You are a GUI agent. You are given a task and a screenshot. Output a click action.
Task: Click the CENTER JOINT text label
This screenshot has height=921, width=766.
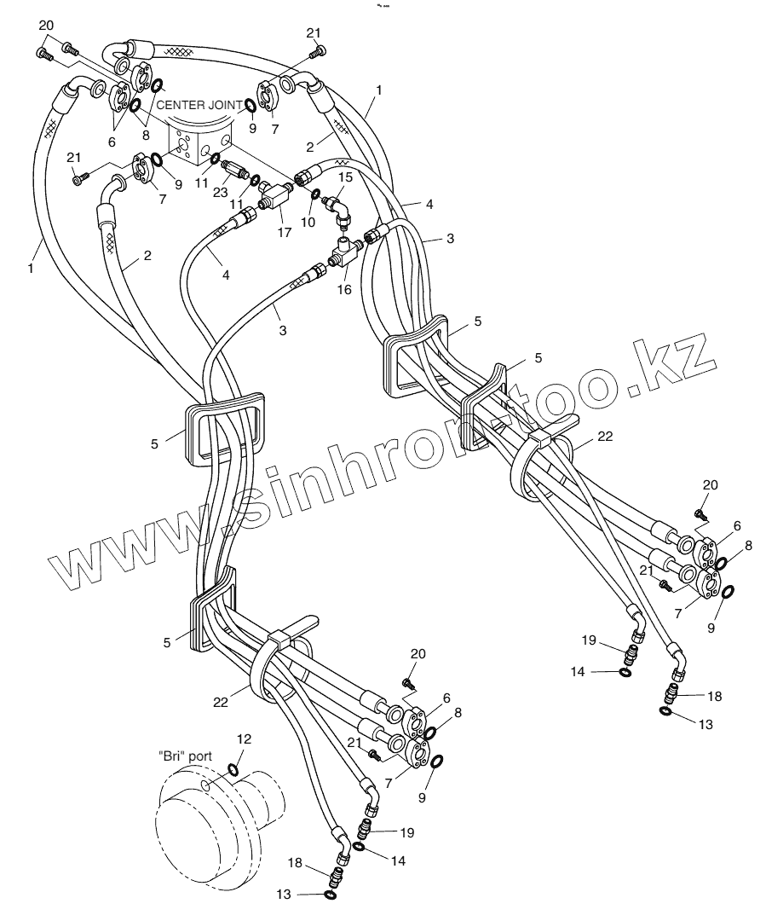[x=199, y=106]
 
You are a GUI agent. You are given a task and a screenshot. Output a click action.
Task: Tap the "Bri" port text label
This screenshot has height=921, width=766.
[x=185, y=756]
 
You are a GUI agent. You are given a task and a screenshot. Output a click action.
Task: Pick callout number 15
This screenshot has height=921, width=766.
[x=344, y=177]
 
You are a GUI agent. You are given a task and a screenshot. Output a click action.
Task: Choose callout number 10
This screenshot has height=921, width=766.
[x=307, y=222]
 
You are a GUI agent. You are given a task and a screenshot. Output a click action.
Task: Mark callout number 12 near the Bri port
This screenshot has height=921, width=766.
[x=245, y=739]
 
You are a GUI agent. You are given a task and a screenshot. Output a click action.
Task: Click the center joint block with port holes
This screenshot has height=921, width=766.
[x=201, y=141]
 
